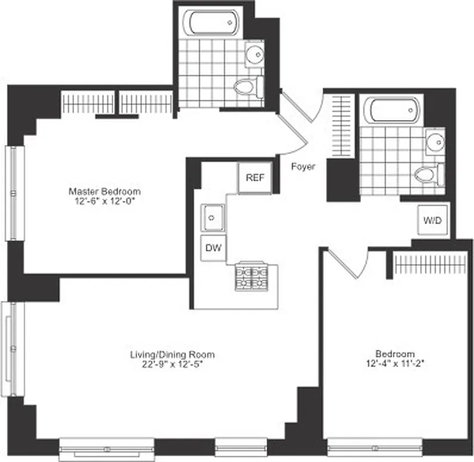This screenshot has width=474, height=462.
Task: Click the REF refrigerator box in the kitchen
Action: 255,178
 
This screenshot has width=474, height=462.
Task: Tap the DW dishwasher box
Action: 212,249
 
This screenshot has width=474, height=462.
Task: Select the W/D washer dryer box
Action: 433,221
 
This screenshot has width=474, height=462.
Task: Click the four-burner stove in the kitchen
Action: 252,277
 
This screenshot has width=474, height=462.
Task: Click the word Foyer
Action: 303,167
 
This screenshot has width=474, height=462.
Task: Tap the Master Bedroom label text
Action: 104,191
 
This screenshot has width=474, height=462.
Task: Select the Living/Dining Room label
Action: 172,355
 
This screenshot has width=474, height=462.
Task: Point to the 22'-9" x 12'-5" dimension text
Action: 172,364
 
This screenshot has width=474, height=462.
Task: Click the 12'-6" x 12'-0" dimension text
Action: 104,201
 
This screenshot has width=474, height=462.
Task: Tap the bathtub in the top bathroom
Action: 211,23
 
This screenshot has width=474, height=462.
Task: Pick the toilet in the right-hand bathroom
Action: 428,174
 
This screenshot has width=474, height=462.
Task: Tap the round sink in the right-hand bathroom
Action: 435,141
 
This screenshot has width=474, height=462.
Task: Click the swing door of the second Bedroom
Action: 346,263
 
